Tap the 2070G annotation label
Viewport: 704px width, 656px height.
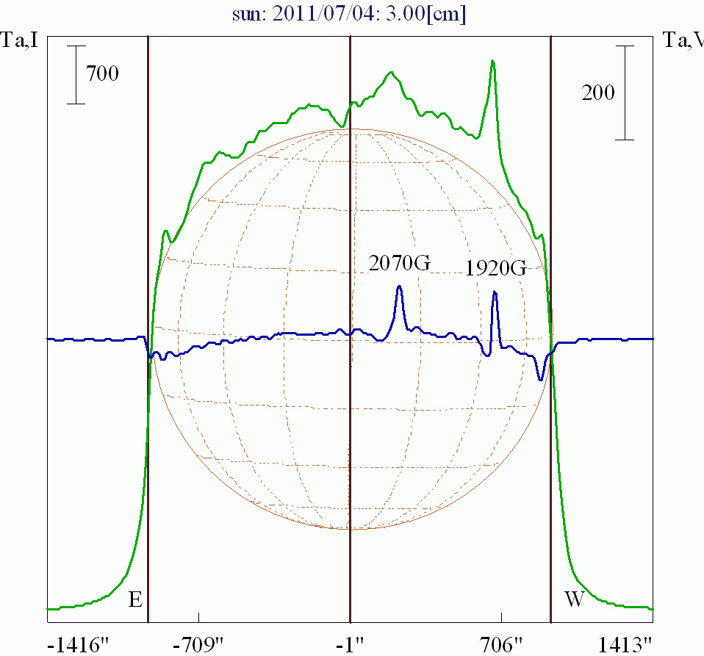pos(399,262)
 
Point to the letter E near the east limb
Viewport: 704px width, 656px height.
pos(134,599)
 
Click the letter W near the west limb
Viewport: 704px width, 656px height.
pos(574,599)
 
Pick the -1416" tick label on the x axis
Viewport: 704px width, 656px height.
pos(78,645)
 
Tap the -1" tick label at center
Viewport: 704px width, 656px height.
pos(350,645)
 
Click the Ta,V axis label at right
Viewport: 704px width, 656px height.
pos(683,40)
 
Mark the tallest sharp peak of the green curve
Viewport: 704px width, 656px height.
pos(492,61)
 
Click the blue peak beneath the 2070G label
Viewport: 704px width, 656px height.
pos(399,286)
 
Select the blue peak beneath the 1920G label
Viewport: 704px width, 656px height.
pos(495,292)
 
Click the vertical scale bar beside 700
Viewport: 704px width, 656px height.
pos(76,74)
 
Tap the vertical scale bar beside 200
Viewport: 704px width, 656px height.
pos(625,93)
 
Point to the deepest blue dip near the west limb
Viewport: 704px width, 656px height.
pos(540,379)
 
